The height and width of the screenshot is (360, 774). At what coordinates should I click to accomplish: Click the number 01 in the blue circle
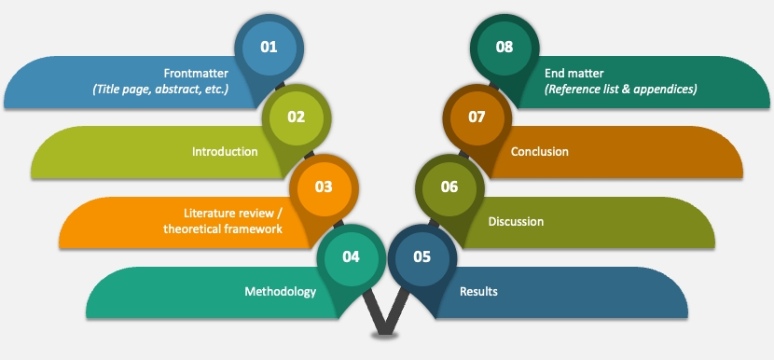[269, 48]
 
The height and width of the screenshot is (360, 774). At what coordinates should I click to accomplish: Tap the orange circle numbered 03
[324, 188]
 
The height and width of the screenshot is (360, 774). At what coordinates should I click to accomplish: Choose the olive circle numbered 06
[449, 188]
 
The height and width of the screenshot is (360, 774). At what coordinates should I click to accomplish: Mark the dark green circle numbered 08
[504, 48]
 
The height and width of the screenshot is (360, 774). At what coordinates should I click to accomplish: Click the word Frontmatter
[196, 74]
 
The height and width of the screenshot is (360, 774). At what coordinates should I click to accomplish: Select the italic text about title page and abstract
[160, 90]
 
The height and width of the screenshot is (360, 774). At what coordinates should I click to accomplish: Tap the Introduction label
[225, 151]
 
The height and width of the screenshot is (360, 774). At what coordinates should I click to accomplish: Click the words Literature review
[228, 214]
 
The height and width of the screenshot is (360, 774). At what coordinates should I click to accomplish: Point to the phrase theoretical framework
[223, 229]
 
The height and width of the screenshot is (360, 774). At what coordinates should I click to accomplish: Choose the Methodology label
[281, 291]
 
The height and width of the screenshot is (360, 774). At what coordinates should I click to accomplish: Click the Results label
[478, 291]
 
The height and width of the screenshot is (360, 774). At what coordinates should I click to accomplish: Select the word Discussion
[516, 221]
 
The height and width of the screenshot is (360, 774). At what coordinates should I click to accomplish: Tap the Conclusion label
[540, 151]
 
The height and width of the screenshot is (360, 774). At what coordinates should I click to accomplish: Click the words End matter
[574, 74]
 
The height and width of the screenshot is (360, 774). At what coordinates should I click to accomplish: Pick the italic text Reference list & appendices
[621, 90]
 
